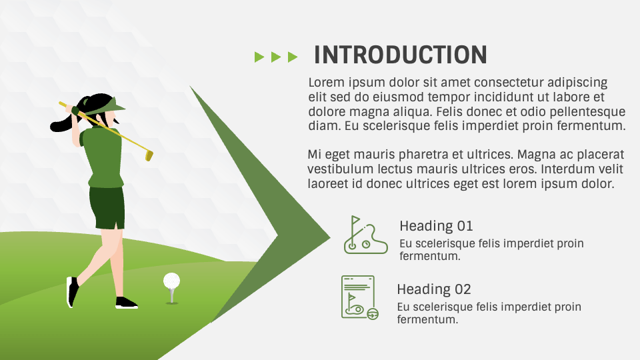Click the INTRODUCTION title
(x=400, y=55)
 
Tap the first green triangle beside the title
(x=259, y=57)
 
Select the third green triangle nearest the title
(x=292, y=57)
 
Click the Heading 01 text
(x=436, y=226)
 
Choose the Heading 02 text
(x=433, y=289)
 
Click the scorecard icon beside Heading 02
(x=359, y=297)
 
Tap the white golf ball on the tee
(x=171, y=280)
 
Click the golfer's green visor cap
(x=112, y=104)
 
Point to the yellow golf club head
(x=149, y=155)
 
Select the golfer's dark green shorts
(x=107, y=207)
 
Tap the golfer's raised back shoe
(x=71, y=292)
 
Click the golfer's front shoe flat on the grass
(x=126, y=303)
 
